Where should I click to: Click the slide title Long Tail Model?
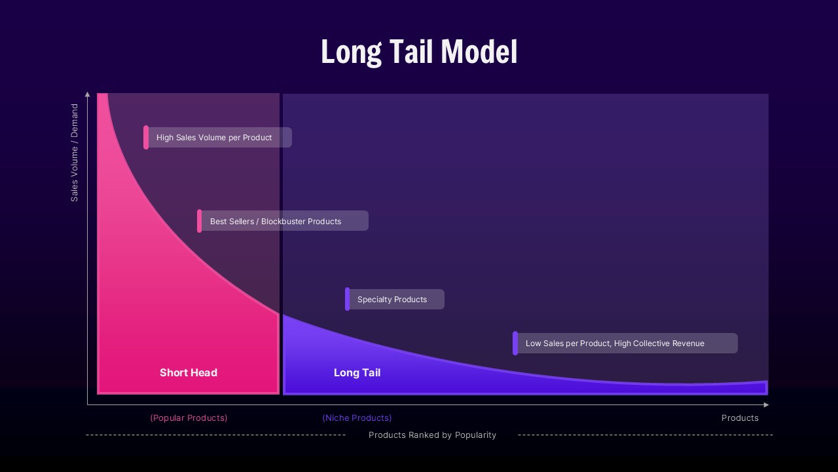[x=419, y=52]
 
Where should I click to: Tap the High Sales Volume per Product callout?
[x=219, y=138]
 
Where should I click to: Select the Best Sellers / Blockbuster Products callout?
[x=283, y=222]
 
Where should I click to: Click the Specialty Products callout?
[x=395, y=300]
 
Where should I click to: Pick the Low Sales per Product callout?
[x=626, y=344]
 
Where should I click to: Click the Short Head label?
[x=189, y=372]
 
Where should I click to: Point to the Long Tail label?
[x=357, y=372]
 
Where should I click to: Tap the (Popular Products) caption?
[x=189, y=418]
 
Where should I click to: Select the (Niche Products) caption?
[x=357, y=418]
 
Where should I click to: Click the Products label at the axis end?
[x=740, y=418]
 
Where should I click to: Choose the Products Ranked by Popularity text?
[x=432, y=435]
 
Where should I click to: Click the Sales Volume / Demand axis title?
[x=75, y=152]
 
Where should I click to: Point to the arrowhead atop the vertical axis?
[x=88, y=94]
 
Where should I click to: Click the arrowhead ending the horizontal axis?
[x=766, y=405]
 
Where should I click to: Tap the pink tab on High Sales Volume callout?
[x=146, y=138]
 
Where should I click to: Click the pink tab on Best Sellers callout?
[x=200, y=222]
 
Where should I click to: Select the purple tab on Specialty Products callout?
[x=348, y=300]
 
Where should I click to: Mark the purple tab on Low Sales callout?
[x=515, y=344]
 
